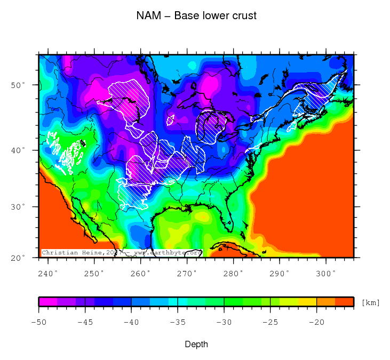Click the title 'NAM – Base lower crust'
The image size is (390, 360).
coord(196,15)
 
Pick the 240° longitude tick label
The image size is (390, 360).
coord(49,273)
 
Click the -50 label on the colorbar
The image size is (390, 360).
coord(39,322)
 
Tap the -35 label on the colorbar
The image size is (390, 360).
coord(178,322)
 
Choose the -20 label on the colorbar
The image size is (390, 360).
coord(316,322)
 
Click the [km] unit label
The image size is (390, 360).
coord(371,303)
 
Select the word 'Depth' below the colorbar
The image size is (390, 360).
coord(196,345)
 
